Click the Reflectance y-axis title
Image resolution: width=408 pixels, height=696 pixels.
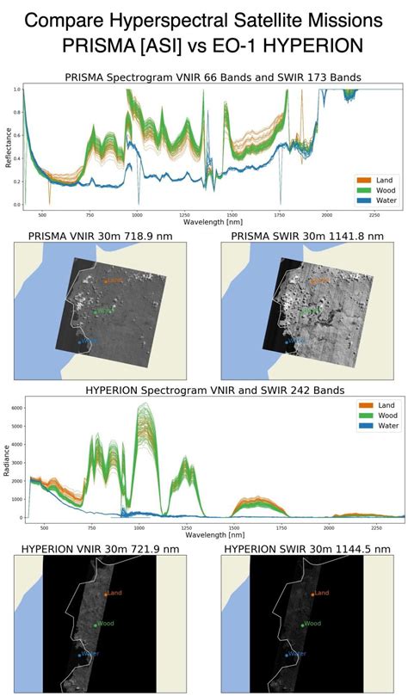point(9,147)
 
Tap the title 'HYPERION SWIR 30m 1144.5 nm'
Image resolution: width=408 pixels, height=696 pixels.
point(306,549)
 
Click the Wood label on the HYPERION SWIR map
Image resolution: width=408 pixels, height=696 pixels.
point(312,623)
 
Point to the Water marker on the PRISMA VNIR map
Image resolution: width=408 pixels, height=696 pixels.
point(80,342)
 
